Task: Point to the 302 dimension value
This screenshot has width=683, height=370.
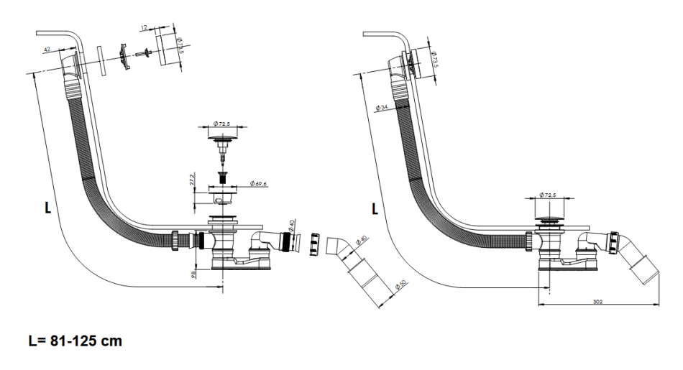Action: (597, 300)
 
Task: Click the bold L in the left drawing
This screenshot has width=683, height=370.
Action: (48, 208)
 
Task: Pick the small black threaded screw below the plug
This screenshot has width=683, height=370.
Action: (221, 175)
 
